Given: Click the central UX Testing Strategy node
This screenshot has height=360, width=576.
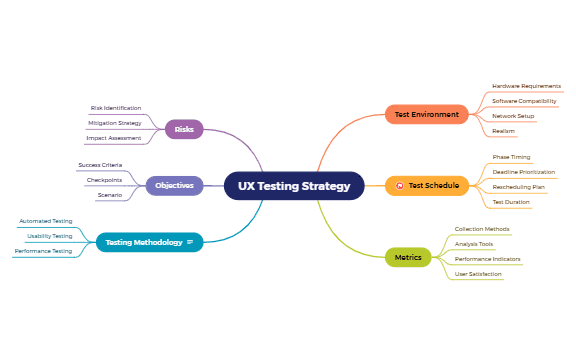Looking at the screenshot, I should (x=294, y=186).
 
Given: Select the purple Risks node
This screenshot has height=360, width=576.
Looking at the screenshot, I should (x=184, y=129).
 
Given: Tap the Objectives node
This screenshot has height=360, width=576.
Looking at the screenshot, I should (x=174, y=185).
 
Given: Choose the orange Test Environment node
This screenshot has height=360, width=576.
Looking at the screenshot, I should (x=426, y=115).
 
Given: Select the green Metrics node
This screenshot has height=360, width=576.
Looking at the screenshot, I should (x=408, y=257).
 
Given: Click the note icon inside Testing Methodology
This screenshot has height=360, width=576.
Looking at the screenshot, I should (x=190, y=242).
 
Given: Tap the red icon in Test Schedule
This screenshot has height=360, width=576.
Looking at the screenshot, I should (x=399, y=185).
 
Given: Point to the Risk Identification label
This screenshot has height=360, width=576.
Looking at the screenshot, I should (x=116, y=108).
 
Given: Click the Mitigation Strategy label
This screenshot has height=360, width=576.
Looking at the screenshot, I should (x=115, y=123).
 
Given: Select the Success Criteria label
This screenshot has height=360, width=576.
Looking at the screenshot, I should (x=100, y=164).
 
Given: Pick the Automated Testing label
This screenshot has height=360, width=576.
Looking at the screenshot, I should (x=46, y=221).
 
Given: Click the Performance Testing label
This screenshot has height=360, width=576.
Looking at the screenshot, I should (x=43, y=251).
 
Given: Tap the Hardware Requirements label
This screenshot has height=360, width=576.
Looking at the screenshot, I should (x=526, y=86).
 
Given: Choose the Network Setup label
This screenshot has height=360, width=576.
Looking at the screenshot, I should (x=513, y=116).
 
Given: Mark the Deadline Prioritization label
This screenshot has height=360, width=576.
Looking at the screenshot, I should (x=523, y=172).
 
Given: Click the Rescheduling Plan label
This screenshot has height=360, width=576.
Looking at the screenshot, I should (x=518, y=187).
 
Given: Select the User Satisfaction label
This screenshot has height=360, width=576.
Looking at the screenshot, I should (x=478, y=273).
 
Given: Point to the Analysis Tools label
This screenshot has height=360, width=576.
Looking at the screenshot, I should (x=474, y=243).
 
